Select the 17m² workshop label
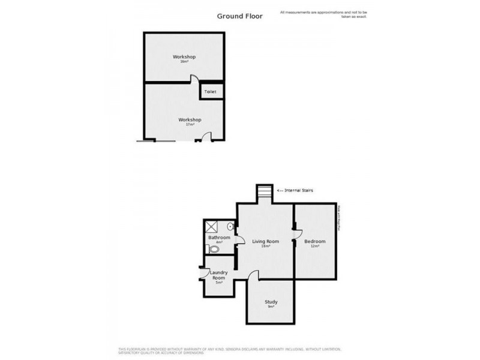[x=190, y=121]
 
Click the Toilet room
[x=211, y=92]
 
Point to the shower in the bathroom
[x=212, y=226]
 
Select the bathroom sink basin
[x=231, y=227]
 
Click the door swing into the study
[x=254, y=275]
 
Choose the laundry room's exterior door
[x=203, y=273]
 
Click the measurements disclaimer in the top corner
[x=323, y=14]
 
